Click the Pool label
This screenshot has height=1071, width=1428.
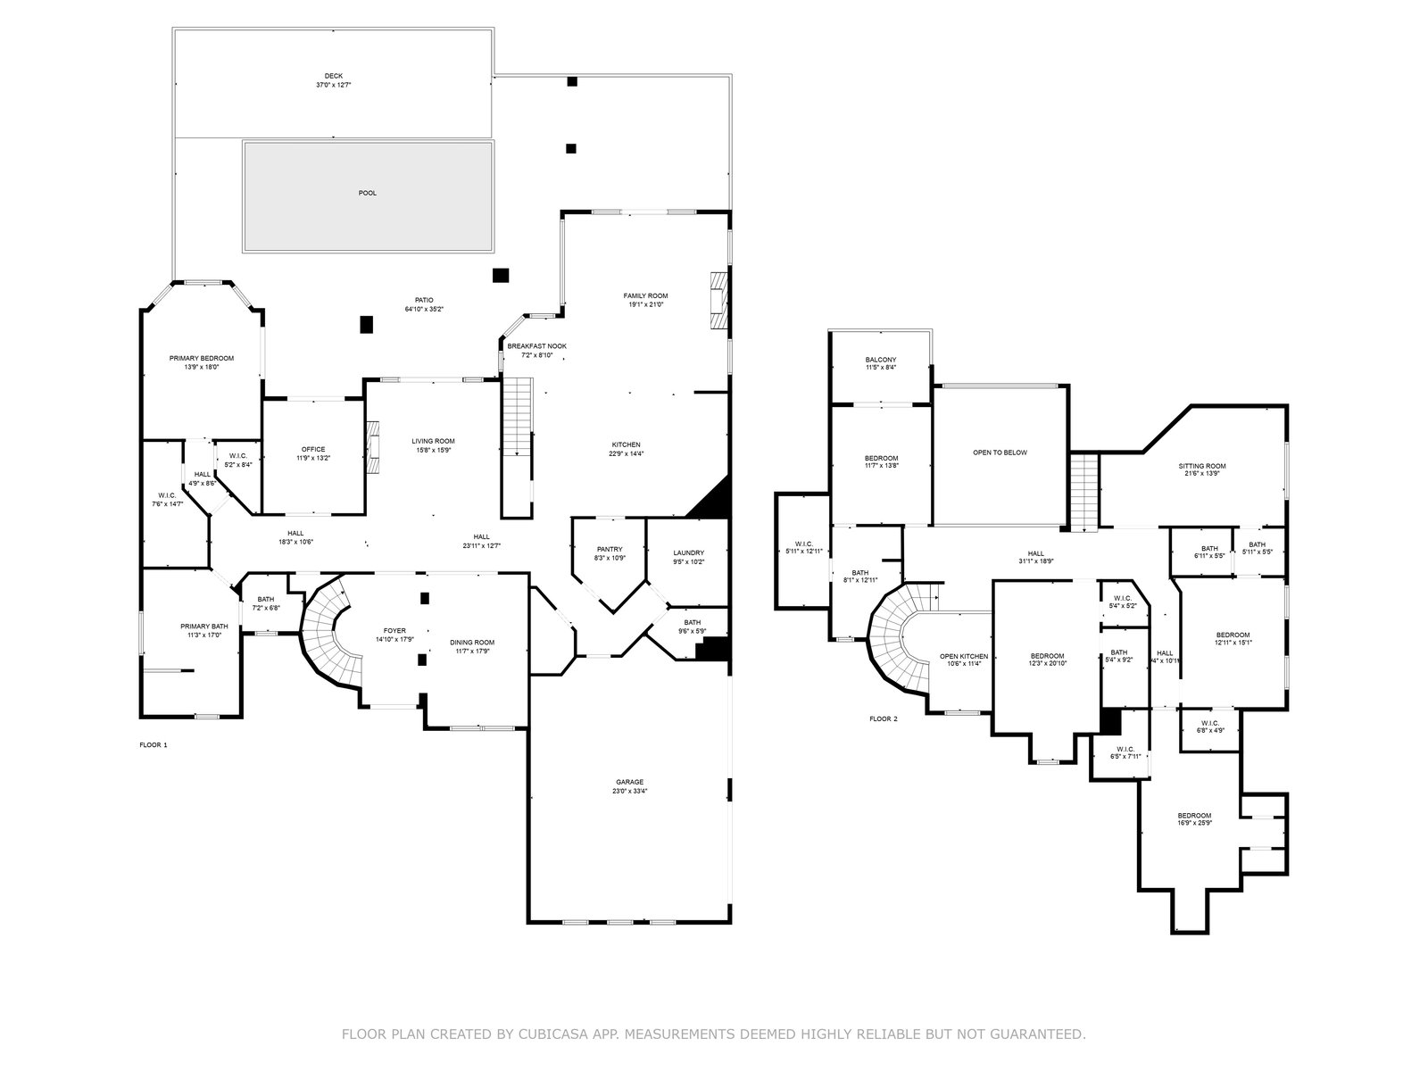click(368, 193)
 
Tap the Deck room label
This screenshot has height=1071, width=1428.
click(333, 76)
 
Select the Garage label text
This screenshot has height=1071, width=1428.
click(629, 782)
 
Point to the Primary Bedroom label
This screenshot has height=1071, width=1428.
click(202, 358)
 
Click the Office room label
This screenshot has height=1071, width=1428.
click(313, 449)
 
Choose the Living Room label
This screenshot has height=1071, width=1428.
click(433, 441)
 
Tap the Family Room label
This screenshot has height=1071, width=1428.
click(645, 295)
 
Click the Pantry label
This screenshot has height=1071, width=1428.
click(610, 550)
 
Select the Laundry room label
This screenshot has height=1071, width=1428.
click(688, 552)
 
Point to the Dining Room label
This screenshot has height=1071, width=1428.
click(472, 643)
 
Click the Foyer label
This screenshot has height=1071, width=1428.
click(394, 629)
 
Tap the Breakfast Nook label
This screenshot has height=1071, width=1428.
click(536, 345)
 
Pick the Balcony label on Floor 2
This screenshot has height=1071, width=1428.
click(881, 360)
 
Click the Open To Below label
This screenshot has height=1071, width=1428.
click(1000, 452)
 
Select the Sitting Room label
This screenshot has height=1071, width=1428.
click(1202, 466)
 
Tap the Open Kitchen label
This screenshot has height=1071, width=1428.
click(963, 656)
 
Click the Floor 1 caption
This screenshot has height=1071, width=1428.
click(154, 744)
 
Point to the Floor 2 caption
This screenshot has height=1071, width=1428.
click(884, 718)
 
